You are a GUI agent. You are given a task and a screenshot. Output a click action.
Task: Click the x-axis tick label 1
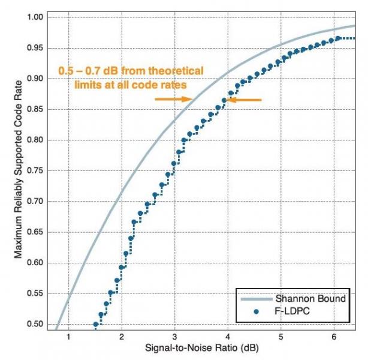point(68,337)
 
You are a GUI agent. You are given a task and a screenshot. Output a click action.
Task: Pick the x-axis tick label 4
point(227,337)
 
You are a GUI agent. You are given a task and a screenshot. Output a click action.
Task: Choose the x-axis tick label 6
point(333,337)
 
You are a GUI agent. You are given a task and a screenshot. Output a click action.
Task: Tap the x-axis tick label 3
point(174,337)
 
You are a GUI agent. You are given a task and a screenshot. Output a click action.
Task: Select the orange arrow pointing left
point(245,100)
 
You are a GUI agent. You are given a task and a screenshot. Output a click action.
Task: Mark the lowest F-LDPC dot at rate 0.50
point(95,324)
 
